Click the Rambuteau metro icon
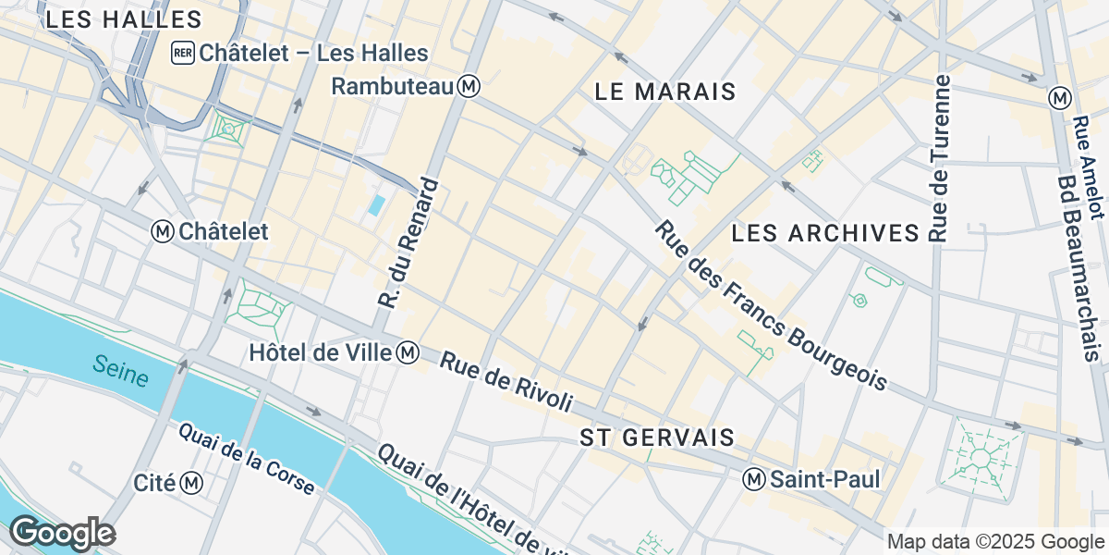(x=470, y=86)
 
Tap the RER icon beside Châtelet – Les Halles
(x=181, y=53)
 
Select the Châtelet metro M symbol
(x=164, y=231)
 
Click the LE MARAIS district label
(x=664, y=92)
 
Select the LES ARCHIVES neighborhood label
(x=825, y=233)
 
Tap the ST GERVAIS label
(x=657, y=438)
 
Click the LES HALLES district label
(x=122, y=19)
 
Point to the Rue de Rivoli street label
(x=506, y=381)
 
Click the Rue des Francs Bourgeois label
(x=771, y=304)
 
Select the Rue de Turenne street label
(x=941, y=158)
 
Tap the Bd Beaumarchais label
(x=1080, y=268)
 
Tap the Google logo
(x=62, y=533)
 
